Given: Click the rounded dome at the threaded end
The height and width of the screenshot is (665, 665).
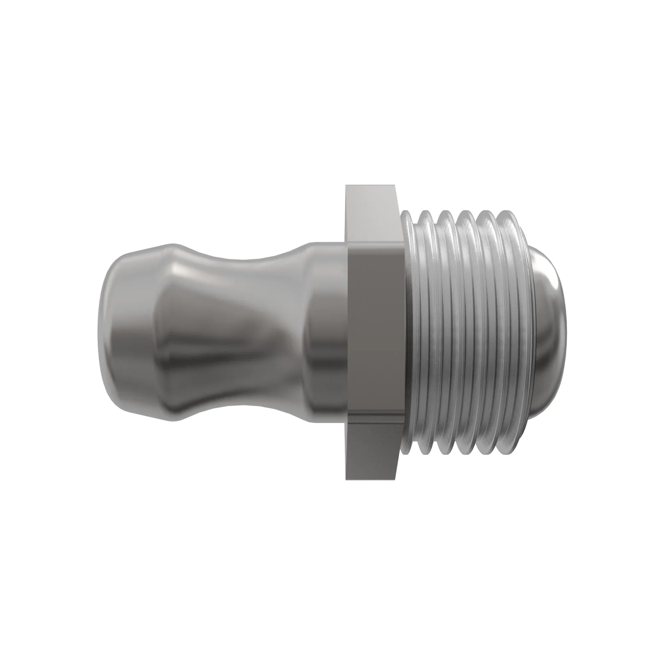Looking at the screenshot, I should pos(551,331).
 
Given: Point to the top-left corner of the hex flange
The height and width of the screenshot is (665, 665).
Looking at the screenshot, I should pos(346,186).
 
